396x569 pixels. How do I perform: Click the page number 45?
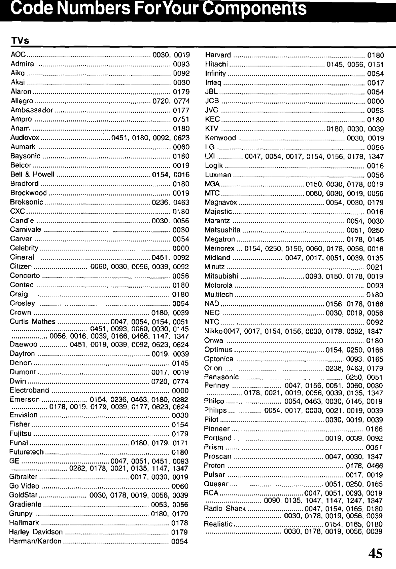[375, 553]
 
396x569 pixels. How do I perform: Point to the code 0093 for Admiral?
[181, 64]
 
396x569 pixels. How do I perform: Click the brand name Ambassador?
[32, 110]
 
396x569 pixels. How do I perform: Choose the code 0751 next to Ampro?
[181, 119]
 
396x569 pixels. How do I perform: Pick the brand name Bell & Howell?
[32, 174]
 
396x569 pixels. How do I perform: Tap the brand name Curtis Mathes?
[32, 322]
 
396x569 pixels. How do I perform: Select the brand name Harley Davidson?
[36, 532]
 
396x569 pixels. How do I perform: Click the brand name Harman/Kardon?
[35, 541]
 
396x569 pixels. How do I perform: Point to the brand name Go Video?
[24, 486]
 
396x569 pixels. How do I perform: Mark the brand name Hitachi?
[216, 64]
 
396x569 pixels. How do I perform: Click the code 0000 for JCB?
[375, 101]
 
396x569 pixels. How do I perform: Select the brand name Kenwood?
[220, 138]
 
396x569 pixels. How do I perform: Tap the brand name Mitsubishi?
[222, 276]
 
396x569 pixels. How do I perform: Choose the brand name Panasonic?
[221, 377]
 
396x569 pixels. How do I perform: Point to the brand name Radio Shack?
[224, 509]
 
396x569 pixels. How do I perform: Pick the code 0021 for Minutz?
[375, 267]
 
